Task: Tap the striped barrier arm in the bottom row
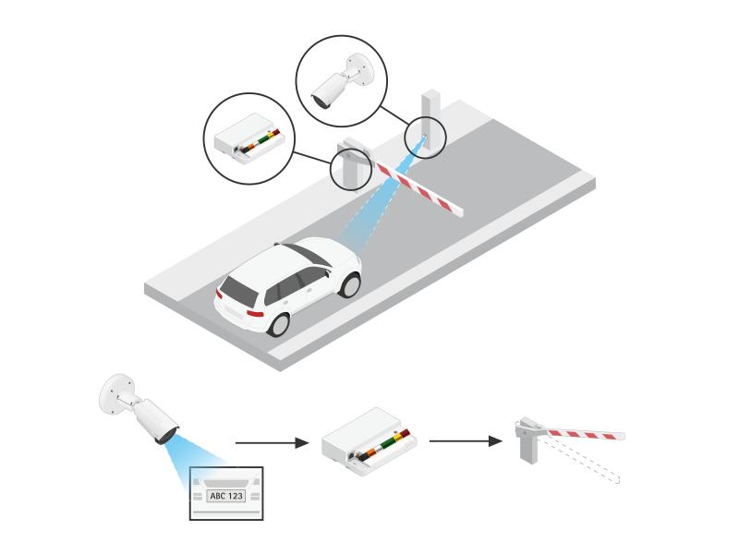(582, 433)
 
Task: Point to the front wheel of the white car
(350, 283)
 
